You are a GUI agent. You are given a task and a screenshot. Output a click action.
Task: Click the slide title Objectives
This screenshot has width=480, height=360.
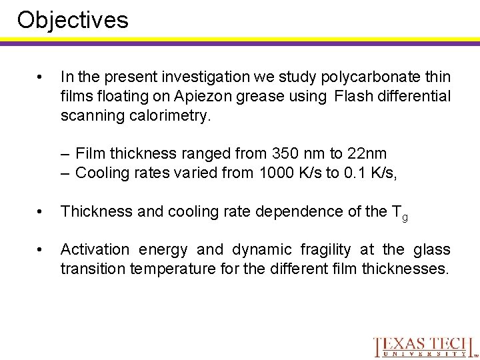point(73,20)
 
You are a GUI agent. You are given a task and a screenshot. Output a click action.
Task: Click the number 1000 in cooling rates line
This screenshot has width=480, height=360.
point(275,173)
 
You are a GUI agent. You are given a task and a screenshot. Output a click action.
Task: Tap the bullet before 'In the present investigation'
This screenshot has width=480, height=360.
point(41,78)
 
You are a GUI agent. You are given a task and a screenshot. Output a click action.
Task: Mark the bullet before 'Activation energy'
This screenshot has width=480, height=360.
point(41,250)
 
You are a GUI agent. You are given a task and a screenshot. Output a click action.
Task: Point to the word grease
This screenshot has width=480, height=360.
point(252,97)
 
